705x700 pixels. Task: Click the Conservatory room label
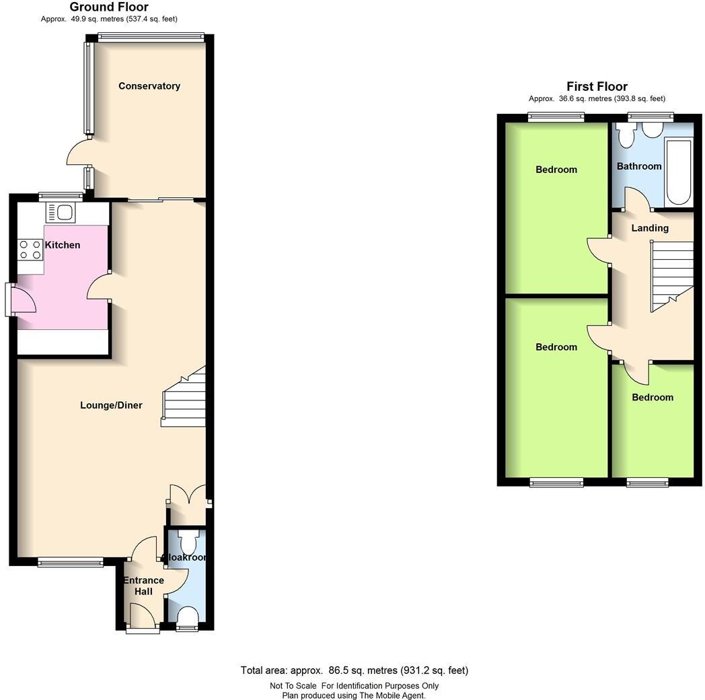(149, 86)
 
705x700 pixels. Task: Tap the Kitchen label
(62, 245)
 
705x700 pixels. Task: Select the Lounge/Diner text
(111, 405)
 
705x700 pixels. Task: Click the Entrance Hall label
(143, 586)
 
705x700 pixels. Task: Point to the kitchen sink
(64, 213)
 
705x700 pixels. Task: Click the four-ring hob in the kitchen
(30, 250)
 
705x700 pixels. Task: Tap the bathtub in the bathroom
(678, 172)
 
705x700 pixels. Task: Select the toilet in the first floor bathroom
(626, 135)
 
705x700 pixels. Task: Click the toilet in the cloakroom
(188, 542)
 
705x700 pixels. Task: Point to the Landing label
(650, 228)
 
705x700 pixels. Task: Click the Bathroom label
(639, 166)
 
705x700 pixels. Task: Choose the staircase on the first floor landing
(671, 276)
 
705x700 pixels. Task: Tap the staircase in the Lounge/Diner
(184, 400)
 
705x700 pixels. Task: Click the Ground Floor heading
(109, 7)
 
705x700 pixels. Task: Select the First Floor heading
(597, 86)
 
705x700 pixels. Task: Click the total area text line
(354, 670)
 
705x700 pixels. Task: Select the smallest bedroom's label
(652, 397)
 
